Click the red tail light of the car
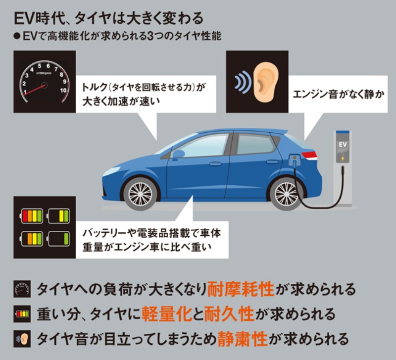click(x=310, y=155)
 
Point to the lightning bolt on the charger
click(x=343, y=158)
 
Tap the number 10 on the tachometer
click(x=63, y=91)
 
